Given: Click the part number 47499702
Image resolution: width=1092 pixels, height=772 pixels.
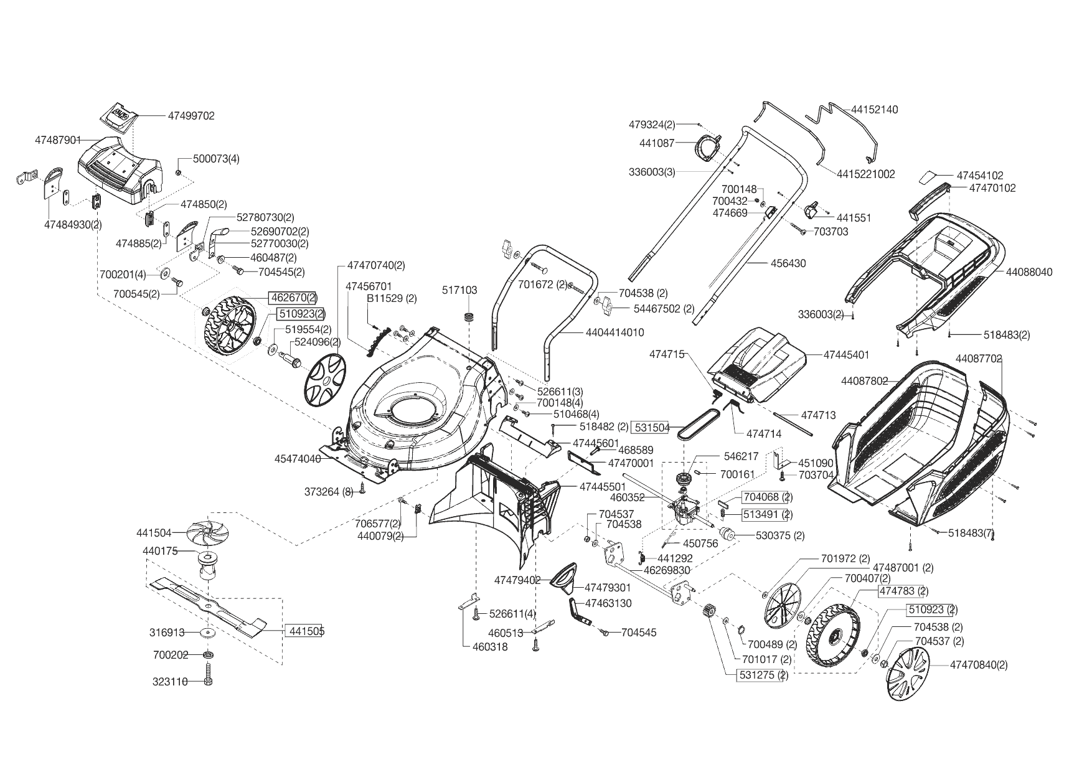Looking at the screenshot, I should pos(191,116).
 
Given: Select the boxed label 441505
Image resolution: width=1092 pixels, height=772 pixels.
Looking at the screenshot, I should pos(306,631).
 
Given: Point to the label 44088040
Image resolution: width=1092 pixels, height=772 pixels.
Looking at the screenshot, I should pos(1029,272).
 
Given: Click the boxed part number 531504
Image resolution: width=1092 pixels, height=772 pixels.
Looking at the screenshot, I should pos(651,428).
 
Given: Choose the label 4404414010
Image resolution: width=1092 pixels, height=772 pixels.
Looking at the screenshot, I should pos(614,333).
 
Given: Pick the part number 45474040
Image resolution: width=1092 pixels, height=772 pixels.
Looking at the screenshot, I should pos(298,459).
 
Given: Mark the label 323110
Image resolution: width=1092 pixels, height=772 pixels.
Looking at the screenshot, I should pos(170,682).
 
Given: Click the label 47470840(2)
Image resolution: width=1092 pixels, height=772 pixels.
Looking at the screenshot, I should pos(979,665).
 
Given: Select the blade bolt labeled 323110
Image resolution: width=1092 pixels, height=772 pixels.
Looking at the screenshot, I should pos(208,675).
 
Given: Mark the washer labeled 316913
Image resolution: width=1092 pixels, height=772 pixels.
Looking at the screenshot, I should pos(206,633).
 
